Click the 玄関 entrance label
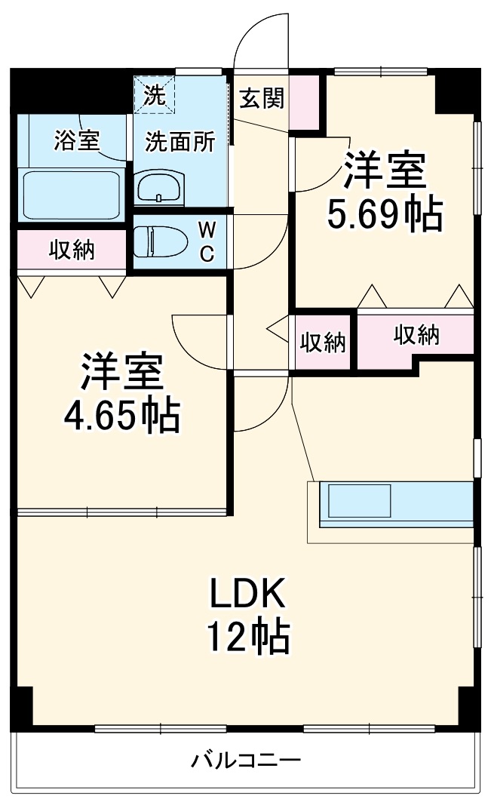pos(262,98)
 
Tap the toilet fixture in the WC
pos(160,242)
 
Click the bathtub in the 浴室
pos(72,195)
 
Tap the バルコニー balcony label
pos(245,759)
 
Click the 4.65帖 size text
pos(121,414)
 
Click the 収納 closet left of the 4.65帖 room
pos(72,250)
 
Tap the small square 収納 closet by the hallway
pos(323,343)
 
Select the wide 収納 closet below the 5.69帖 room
pos(416,336)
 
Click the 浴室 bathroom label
pos(77,140)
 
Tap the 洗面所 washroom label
pos(180,142)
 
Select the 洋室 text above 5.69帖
pos(385,171)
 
